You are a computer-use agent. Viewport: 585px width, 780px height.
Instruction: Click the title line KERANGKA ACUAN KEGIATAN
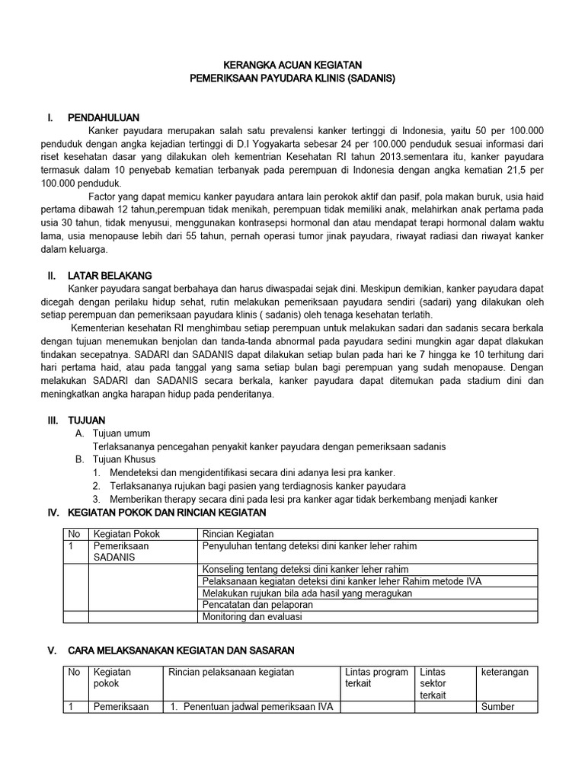293,66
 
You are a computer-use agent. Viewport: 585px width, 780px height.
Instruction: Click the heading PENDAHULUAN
103,118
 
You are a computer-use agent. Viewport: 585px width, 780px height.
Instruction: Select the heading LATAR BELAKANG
110,275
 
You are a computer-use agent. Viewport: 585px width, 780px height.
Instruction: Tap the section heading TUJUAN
86,420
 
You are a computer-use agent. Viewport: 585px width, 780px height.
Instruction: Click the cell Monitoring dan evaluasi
251,616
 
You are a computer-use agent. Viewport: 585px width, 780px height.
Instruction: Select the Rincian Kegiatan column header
238,534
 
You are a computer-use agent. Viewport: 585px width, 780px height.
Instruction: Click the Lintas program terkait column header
376,678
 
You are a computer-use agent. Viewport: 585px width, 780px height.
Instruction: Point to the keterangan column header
504,672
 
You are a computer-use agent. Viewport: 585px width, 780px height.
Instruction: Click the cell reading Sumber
497,706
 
